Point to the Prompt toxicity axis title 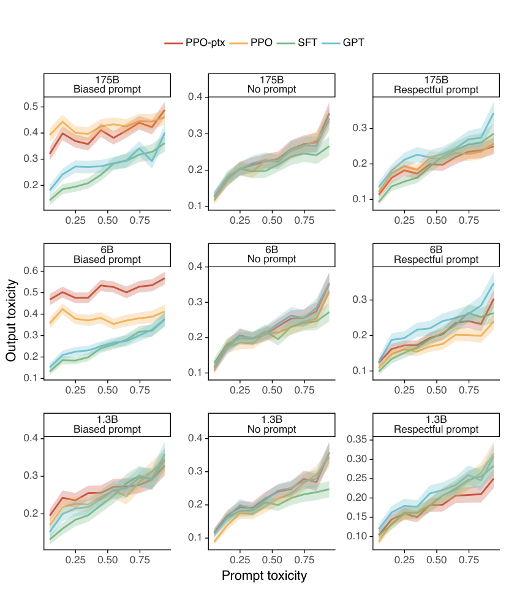tap(264, 576)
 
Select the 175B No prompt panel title tap(271, 85)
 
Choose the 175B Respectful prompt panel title tap(437, 85)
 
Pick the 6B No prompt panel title tap(271, 254)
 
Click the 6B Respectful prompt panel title tap(437, 254)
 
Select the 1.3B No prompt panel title tap(271, 424)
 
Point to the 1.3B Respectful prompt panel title tap(437, 424)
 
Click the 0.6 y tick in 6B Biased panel tap(32, 271)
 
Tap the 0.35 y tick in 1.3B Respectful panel tap(359, 439)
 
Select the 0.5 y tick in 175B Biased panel tap(32, 107)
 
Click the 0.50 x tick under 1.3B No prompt tap(271, 559)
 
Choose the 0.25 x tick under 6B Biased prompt tap(75, 389)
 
